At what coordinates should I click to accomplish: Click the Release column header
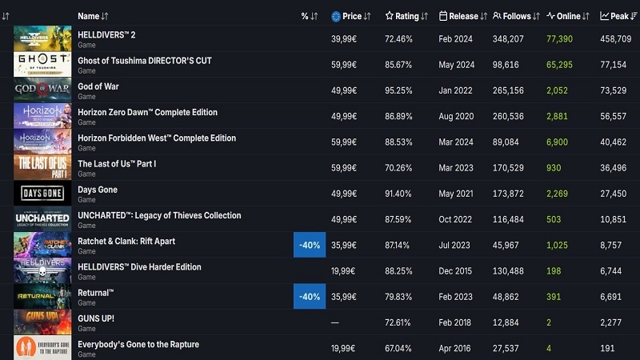462,16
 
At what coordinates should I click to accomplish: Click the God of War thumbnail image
42,90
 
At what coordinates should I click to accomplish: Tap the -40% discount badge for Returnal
310,296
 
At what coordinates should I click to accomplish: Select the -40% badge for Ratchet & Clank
310,245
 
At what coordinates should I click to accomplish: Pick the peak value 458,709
615,38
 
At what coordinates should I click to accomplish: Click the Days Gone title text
98,190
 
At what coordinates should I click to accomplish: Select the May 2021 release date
456,194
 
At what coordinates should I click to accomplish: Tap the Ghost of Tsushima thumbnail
42,65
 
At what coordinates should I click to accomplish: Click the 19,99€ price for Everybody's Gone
344,348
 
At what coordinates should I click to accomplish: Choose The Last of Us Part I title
117,164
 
